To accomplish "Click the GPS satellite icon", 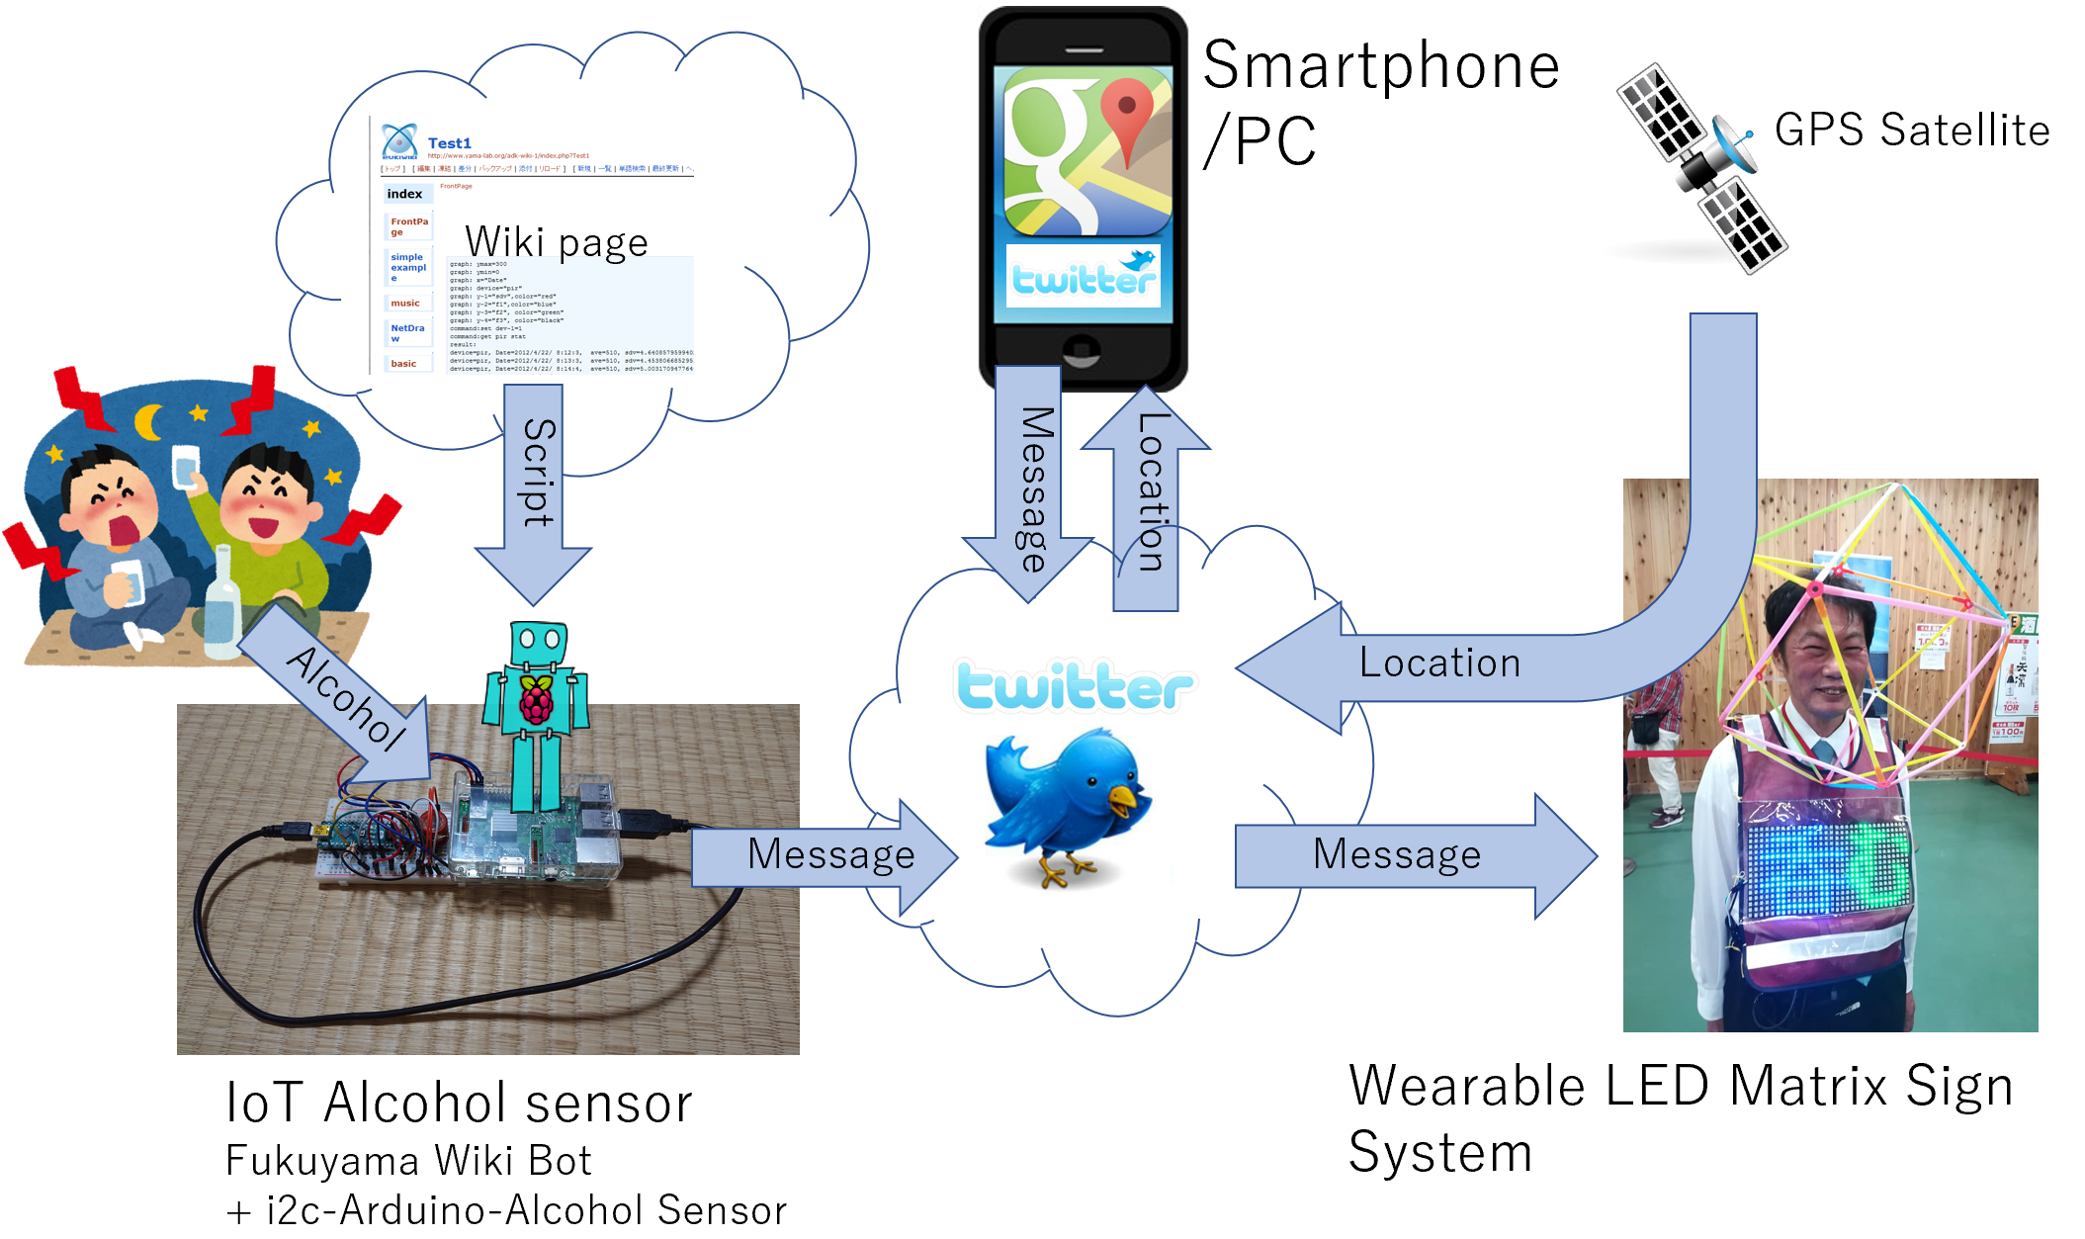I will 1700,168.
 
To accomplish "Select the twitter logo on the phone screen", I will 1084,277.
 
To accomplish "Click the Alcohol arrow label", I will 346,697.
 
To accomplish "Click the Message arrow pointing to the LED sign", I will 1414,855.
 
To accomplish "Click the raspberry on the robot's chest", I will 537,701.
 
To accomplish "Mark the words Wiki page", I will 557,242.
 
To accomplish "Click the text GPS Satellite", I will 1911,130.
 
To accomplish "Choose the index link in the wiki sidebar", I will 404,194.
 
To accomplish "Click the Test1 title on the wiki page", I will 449,143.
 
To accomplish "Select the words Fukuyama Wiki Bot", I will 408,1161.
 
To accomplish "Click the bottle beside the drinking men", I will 223,603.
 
